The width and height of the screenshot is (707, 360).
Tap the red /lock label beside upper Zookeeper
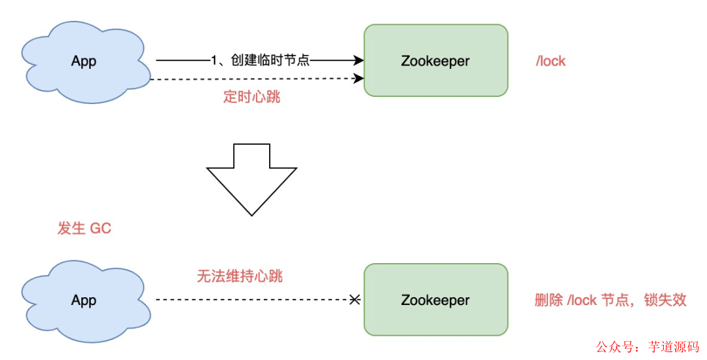tap(551, 62)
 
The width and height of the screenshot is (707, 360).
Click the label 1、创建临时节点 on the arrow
tap(261, 61)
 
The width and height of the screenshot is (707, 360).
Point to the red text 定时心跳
tap(252, 96)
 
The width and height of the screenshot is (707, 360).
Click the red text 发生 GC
tap(84, 228)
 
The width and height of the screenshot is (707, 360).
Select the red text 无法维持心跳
tap(240, 276)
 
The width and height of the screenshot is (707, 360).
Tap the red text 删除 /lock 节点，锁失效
tap(610, 300)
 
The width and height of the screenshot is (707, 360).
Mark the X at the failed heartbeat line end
tap(354, 300)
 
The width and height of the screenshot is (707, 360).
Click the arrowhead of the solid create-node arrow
tap(358, 61)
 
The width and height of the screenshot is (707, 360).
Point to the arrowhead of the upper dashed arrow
tap(358, 79)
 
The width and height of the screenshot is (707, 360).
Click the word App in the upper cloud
tap(84, 62)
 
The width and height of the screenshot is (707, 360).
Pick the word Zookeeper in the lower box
tap(435, 300)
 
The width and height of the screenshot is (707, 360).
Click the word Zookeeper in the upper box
tap(435, 62)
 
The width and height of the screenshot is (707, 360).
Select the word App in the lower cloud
tap(84, 300)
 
